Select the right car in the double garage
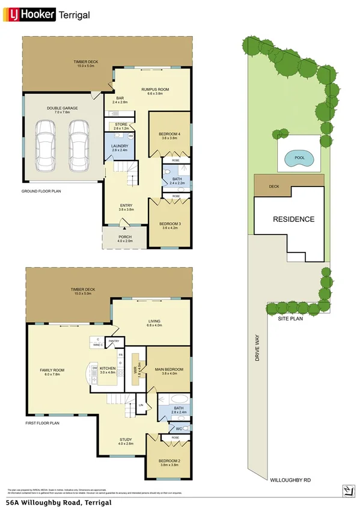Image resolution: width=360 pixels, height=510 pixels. click(x=78, y=138)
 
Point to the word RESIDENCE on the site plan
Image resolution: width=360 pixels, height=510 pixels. click(x=294, y=220)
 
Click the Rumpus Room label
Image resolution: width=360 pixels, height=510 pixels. click(x=155, y=90)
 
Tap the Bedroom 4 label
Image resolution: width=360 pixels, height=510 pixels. click(x=169, y=135)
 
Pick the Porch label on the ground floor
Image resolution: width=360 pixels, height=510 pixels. click(x=124, y=237)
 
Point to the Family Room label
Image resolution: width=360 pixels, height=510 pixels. click(x=52, y=371)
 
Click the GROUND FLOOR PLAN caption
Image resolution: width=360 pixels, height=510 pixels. click(x=41, y=191)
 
